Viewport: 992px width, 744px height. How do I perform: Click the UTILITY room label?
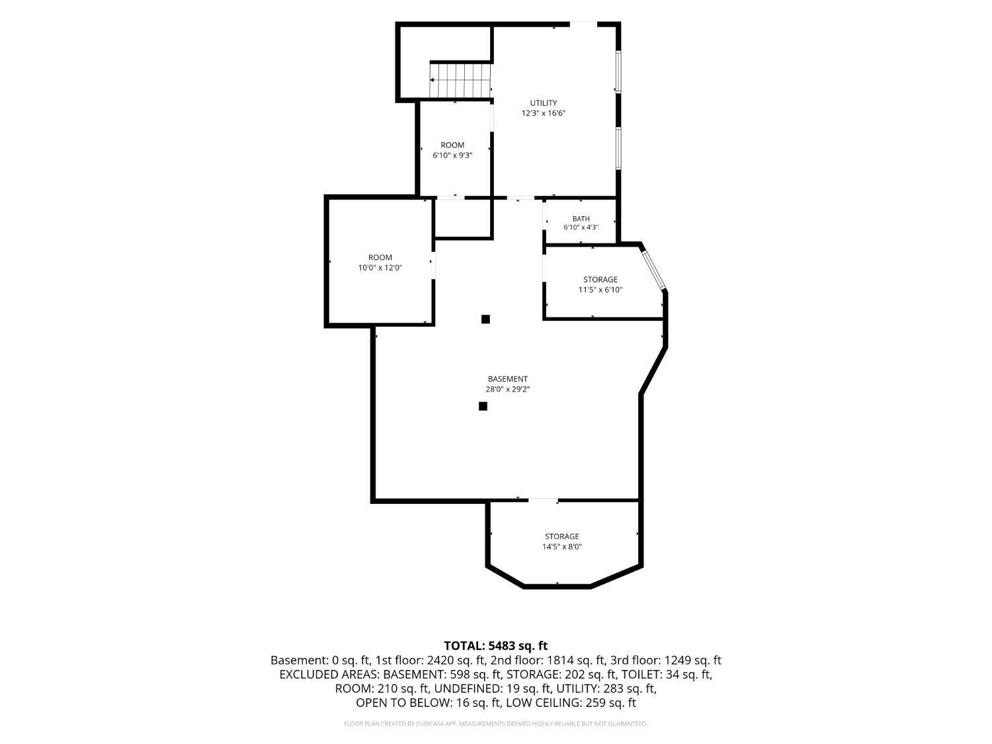coord(543,103)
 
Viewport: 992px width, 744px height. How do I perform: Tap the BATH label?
coord(581,219)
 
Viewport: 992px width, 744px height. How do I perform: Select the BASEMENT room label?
coord(507,379)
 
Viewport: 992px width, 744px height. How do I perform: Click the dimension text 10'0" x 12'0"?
coord(380,268)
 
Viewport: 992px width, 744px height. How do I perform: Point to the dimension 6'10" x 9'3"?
coord(452,155)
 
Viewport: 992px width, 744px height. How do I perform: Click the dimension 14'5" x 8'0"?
coord(561,547)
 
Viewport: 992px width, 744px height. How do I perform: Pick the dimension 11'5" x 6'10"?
coord(600,290)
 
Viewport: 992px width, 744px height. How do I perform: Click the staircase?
coord(460,81)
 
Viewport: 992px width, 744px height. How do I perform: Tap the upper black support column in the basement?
coord(485,319)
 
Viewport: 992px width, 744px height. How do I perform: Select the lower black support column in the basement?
coord(483,406)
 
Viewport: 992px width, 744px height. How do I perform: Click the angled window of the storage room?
coord(653,270)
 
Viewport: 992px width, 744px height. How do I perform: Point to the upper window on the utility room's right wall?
coord(618,71)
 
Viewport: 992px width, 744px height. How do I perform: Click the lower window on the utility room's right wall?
coord(618,148)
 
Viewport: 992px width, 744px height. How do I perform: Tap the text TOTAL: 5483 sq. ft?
coord(496,645)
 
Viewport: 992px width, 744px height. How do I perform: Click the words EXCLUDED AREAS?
coord(329,675)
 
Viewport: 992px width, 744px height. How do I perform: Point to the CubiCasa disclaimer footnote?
coord(496,723)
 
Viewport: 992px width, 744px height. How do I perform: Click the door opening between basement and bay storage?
coord(543,499)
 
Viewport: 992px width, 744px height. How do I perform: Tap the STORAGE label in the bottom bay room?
coord(561,536)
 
